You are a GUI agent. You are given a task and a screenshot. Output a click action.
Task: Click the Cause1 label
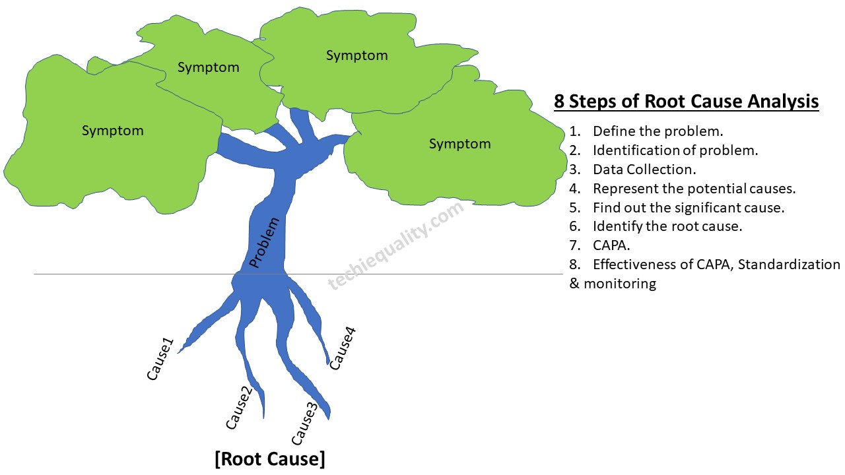point(160,359)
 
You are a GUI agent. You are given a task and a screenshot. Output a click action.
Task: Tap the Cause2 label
point(239,407)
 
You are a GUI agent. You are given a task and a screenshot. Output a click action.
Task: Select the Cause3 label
point(304,423)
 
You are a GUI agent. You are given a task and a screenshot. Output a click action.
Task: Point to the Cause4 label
point(343,348)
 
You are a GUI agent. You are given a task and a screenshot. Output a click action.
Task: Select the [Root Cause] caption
point(270,459)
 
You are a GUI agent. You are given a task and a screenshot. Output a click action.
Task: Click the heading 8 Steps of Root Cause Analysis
point(686,102)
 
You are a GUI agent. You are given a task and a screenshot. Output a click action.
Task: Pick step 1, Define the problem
point(658,131)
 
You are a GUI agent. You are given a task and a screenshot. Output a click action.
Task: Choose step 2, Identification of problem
point(675,150)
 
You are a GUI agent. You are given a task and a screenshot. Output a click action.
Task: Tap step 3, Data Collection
point(644,170)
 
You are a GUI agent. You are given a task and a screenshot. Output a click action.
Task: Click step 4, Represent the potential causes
point(694,189)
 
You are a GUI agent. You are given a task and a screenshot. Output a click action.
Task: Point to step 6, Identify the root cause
point(667,226)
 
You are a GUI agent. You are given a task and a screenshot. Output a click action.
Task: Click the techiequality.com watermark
point(396,245)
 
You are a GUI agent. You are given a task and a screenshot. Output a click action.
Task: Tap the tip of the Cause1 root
point(179,352)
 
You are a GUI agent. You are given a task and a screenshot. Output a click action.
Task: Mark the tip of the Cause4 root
point(329,363)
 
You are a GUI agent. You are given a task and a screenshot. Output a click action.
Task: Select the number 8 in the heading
point(558,102)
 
